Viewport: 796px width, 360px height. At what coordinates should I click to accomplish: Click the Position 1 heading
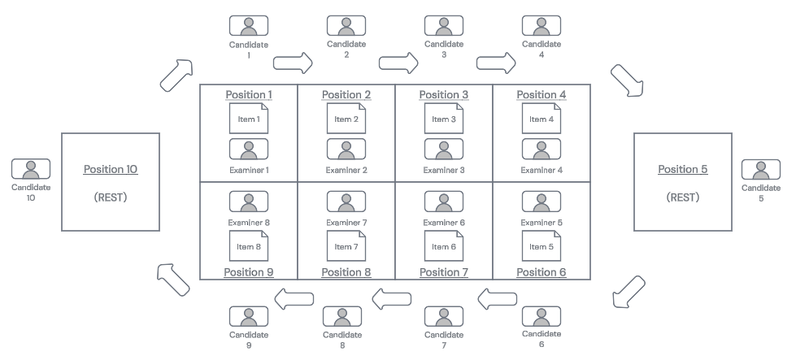click(x=249, y=94)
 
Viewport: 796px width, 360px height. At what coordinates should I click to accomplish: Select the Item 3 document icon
click(x=444, y=119)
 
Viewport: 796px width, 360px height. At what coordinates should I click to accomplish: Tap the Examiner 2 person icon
click(x=346, y=149)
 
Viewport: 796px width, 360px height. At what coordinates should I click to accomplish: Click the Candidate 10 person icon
click(x=32, y=169)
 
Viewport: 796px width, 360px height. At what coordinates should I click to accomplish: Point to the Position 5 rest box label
click(x=682, y=169)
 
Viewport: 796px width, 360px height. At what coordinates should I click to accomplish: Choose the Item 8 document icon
click(x=249, y=246)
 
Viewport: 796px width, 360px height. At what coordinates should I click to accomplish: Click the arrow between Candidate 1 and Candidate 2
click(x=293, y=62)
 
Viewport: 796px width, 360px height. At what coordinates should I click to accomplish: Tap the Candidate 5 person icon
click(x=762, y=169)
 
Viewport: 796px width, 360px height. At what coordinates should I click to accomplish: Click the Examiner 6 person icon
click(x=444, y=200)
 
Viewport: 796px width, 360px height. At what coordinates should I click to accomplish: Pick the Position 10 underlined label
click(x=111, y=169)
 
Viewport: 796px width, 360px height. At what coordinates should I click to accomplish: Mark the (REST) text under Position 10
click(x=111, y=196)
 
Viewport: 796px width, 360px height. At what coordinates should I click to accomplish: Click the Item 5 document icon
click(x=542, y=246)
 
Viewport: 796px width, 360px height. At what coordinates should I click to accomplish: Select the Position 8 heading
click(x=346, y=271)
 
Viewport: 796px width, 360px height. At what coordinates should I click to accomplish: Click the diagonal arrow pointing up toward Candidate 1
click(x=176, y=74)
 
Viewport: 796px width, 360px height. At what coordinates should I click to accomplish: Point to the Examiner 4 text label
click(x=542, y=170)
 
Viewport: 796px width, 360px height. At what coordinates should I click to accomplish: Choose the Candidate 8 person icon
click(x=342, y=316)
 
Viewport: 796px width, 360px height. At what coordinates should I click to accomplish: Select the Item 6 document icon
click(x=444, y=246)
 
